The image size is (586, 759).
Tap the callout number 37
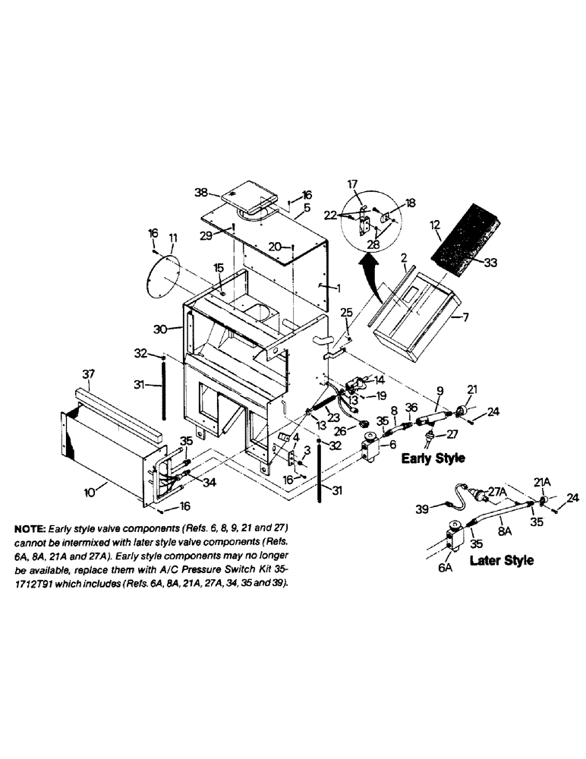[x=88, y=373]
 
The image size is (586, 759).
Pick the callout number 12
[x=433, y=225]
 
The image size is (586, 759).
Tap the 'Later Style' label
[x=502, y=560]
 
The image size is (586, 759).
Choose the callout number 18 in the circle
[x=410, y=204]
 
